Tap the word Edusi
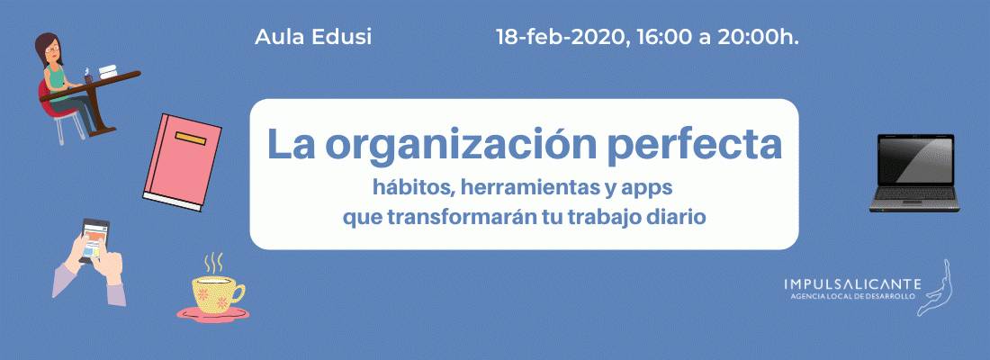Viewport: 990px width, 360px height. pos(342,37)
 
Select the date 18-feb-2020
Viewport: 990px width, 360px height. pos(562,37)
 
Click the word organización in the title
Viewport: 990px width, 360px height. pos(461,145)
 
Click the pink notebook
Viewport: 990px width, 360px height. pos(183,162)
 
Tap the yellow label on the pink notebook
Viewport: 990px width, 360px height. pos(191,139)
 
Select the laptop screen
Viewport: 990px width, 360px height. pos(915,159)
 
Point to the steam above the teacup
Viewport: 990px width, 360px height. pos(213,263)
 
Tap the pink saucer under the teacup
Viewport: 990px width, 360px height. pos(212,314)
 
